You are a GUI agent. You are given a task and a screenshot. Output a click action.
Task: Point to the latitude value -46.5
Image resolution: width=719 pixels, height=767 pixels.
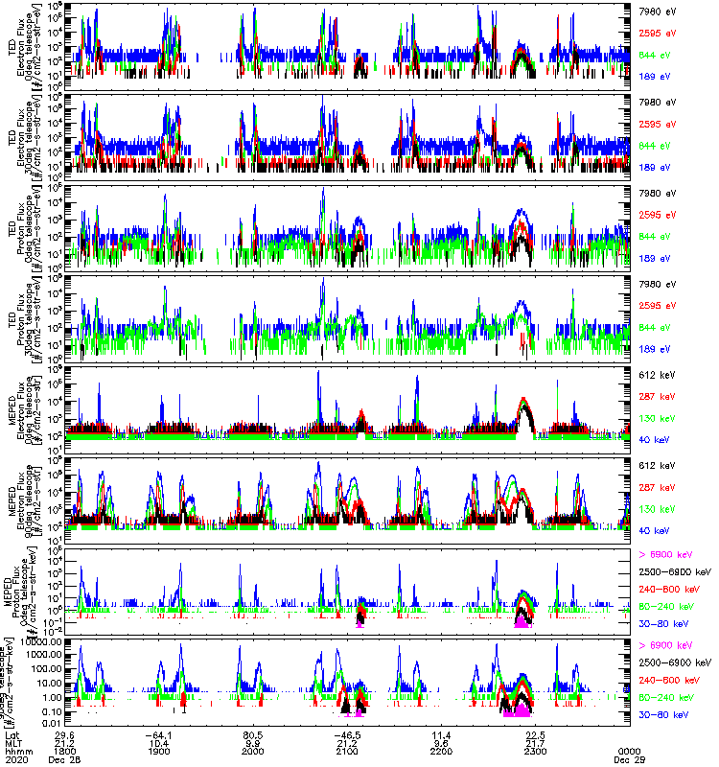pos(348,733)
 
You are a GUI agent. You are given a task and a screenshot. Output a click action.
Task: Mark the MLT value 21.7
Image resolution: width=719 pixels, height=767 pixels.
pos(535,742)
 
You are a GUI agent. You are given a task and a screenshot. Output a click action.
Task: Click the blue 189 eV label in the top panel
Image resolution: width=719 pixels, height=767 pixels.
pos(654,75)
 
